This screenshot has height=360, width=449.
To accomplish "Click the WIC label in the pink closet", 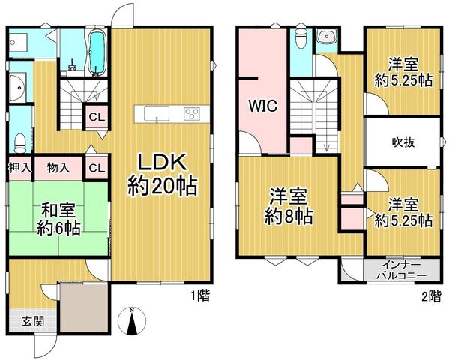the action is pos(263,106).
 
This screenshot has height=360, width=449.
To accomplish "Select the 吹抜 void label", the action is pos(403,142).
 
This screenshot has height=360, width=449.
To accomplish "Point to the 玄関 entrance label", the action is pos(34,321).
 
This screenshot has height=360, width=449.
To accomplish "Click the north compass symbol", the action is pos(132,321).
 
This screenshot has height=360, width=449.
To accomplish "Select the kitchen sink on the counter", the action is pos(157,114).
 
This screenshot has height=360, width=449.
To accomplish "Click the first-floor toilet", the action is pos(20,143).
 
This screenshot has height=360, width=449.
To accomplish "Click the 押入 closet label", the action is pos(19,168).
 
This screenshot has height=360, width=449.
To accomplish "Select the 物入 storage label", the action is pos(58,168).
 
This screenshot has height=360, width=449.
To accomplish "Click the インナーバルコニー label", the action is pos(402,270).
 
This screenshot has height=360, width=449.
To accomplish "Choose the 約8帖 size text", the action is pos(288,217).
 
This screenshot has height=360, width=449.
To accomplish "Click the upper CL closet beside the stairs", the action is pos(97,118).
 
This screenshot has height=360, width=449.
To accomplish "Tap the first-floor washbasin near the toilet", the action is pos(18,87).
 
